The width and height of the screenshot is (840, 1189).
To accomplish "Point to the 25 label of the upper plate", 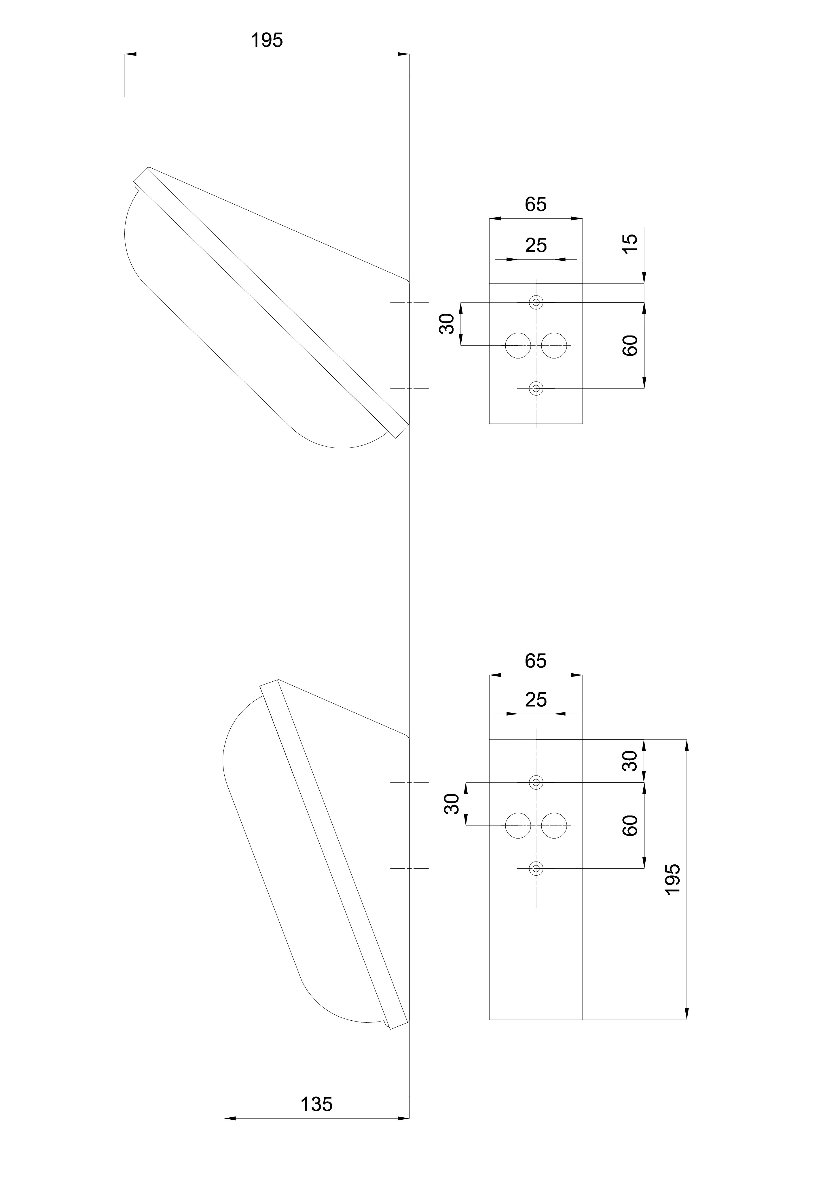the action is coord(536,245).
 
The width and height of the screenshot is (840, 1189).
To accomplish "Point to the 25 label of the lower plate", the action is coord(536,700).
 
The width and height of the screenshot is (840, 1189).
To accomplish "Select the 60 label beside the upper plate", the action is coord(629,345).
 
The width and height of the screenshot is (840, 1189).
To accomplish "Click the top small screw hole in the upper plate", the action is coord(536,302).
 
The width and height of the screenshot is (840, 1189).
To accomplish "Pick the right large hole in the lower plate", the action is coord(554,826).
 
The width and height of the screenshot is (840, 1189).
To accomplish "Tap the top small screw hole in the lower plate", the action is coord(536,782).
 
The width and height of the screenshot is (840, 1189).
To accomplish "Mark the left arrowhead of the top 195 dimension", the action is coord(130,54).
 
